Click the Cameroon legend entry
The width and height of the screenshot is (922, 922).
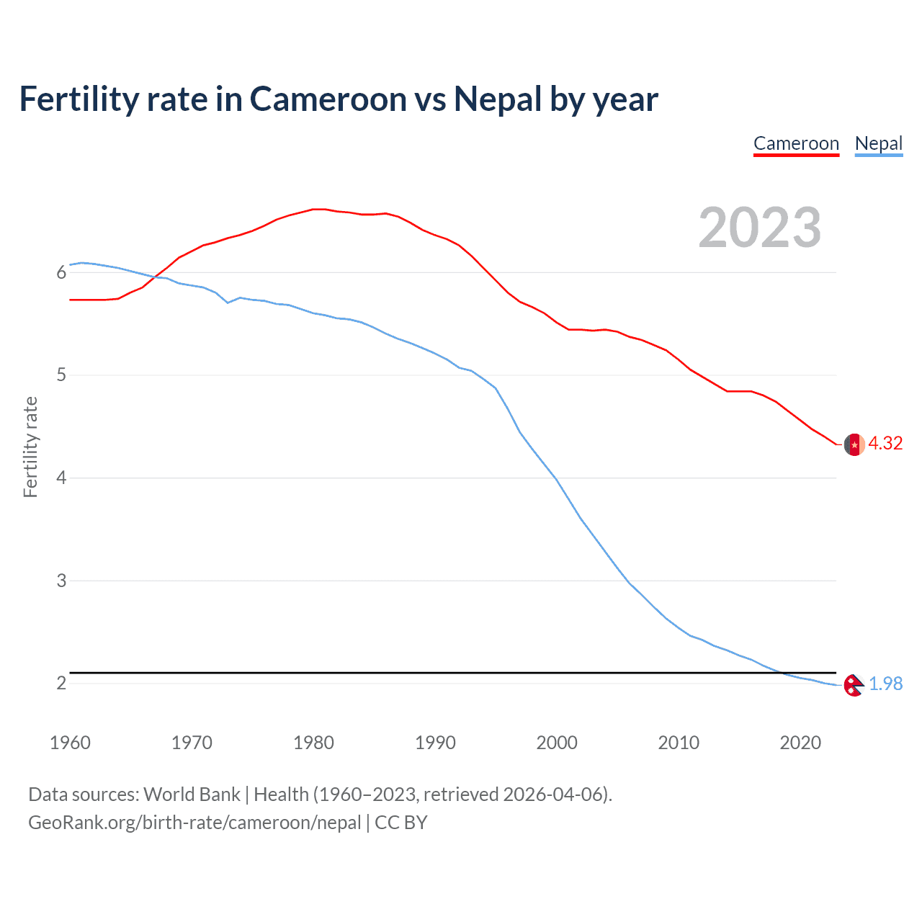click(796, 144)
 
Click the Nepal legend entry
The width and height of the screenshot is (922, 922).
click(878, 144)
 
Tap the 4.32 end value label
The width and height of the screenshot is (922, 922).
click(885, 443)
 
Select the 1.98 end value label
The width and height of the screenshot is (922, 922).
click(885, 684)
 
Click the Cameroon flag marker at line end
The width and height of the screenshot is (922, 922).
click(854, 444)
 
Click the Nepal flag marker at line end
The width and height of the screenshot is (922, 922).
click(854, 685)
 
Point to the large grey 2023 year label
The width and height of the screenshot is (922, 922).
click(759, 228)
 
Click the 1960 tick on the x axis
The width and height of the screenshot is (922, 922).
click(70, 743)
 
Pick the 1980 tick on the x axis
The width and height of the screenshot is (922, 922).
click(313, 743)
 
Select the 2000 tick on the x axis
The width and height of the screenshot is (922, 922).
click(557, 743)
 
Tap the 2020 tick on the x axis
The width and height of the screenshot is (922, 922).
click(800, 743)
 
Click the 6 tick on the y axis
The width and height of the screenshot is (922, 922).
click(61, 272)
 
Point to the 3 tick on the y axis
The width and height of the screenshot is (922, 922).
click(61, 581)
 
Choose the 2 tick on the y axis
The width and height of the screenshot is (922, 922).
click(61, 683)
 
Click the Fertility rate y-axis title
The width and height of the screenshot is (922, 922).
click(30, 447)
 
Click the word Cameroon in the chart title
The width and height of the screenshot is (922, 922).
click(328, 99)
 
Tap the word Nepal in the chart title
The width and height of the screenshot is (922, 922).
click(497, 99)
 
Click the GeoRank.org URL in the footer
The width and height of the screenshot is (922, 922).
click(194, 823)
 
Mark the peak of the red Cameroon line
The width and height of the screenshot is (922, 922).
click(319, 209)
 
